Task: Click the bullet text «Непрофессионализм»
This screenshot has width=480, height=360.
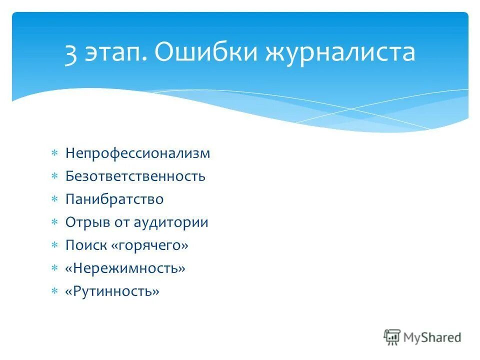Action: click(137, 153)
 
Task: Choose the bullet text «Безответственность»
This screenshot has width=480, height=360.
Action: click(135, 176)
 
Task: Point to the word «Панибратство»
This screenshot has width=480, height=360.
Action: click(114, 199)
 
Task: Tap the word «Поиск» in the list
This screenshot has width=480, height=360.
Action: click(82, 245)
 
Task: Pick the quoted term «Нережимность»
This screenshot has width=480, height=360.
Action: click(125, 268)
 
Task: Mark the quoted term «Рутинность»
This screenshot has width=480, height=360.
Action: click(112, 291)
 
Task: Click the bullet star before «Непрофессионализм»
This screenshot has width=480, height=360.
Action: click(55, 153)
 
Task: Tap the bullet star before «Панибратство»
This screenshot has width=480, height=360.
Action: click(55, 199)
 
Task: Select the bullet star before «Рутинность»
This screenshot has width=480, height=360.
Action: click(55, 291)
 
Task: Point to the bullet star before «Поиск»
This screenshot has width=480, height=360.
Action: click(55, 245)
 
